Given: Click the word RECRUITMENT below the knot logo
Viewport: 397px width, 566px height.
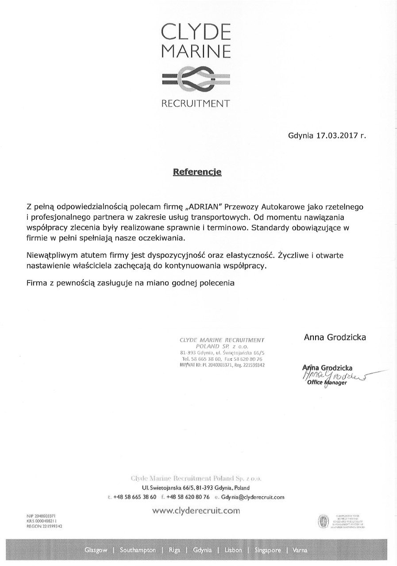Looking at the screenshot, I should pyautogui.click(x=196, y=104).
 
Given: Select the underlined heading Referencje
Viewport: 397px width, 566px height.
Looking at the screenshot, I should pyautogui.click(x=197, y=171).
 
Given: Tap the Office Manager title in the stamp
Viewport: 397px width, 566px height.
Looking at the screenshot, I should pyautogui.click(x=327, y=383).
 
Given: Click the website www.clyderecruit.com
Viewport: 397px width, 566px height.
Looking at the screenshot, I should pyautogui.click(x=196, y=511).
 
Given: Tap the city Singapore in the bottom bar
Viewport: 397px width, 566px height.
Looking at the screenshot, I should pyautogui.click(x=267, y=551).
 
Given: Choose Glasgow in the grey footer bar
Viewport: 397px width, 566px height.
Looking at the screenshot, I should pyautogui.click(x=96, y=551).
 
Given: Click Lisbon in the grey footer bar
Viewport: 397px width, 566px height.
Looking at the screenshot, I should pyautogui.click(x=233, y=551).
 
